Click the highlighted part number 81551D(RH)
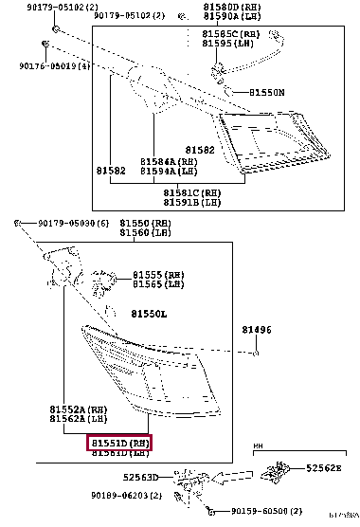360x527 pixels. point(119,442)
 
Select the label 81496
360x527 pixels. point(256,330)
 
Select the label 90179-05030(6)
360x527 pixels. point(74,224)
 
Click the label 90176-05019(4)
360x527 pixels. point(54,66)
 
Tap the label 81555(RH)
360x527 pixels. point(158,274)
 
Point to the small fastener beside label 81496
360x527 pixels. point(256,353)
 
